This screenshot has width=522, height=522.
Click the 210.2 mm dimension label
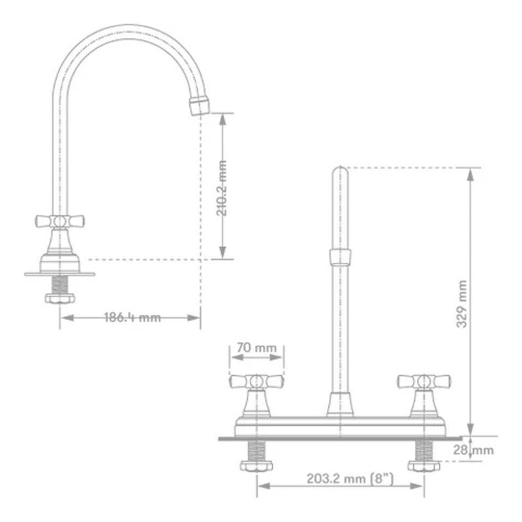coord(222,189)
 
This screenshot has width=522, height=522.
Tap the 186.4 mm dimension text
coord(132,317)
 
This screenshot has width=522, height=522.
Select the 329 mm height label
coord(462,304)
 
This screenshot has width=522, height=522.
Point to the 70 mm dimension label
coord(256,348)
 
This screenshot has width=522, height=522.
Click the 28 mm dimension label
coord(474,450)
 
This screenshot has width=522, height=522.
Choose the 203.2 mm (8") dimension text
coord(350,479)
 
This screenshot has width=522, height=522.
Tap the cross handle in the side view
coord(60,221)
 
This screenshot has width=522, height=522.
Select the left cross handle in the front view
coord(256,382)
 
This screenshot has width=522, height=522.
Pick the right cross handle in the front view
coord(423,382)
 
